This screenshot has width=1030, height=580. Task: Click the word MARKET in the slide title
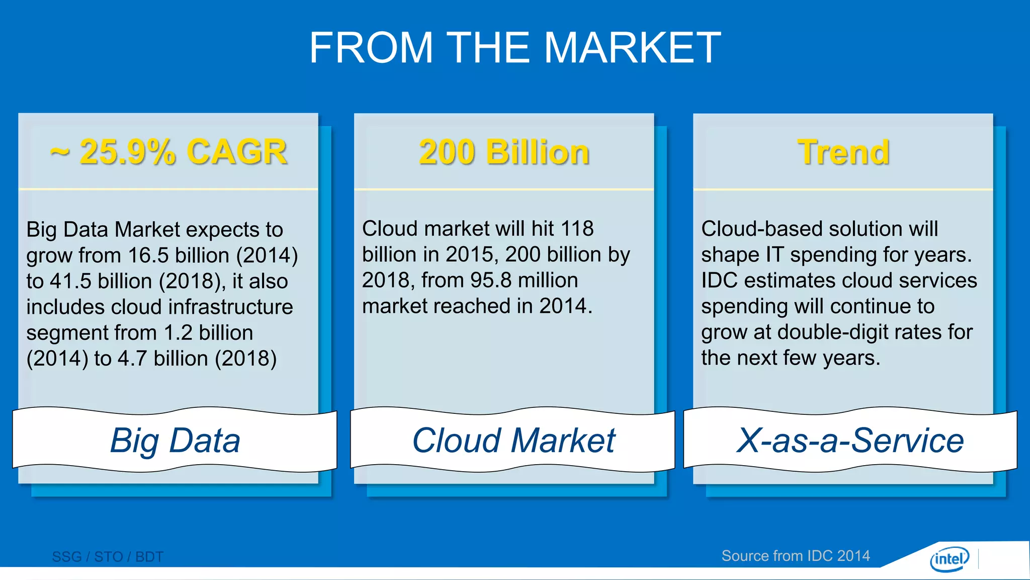point(633,48)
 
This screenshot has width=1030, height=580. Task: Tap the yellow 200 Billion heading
point(504,152)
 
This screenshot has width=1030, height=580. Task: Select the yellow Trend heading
point(843,152)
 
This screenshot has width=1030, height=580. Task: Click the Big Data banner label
point(175,441)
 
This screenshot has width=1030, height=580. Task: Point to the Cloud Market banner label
point(513,441)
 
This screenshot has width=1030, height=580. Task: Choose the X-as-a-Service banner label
point(850,441)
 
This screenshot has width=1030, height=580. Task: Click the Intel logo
point(949,559)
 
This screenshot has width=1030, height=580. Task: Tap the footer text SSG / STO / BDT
point(108,557)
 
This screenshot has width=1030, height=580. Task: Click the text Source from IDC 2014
point(796,556)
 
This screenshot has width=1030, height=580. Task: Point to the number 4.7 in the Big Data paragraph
point(132,358)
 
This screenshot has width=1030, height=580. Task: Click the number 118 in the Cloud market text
point(577,229)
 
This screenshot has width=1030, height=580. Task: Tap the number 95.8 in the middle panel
point(491,280)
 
